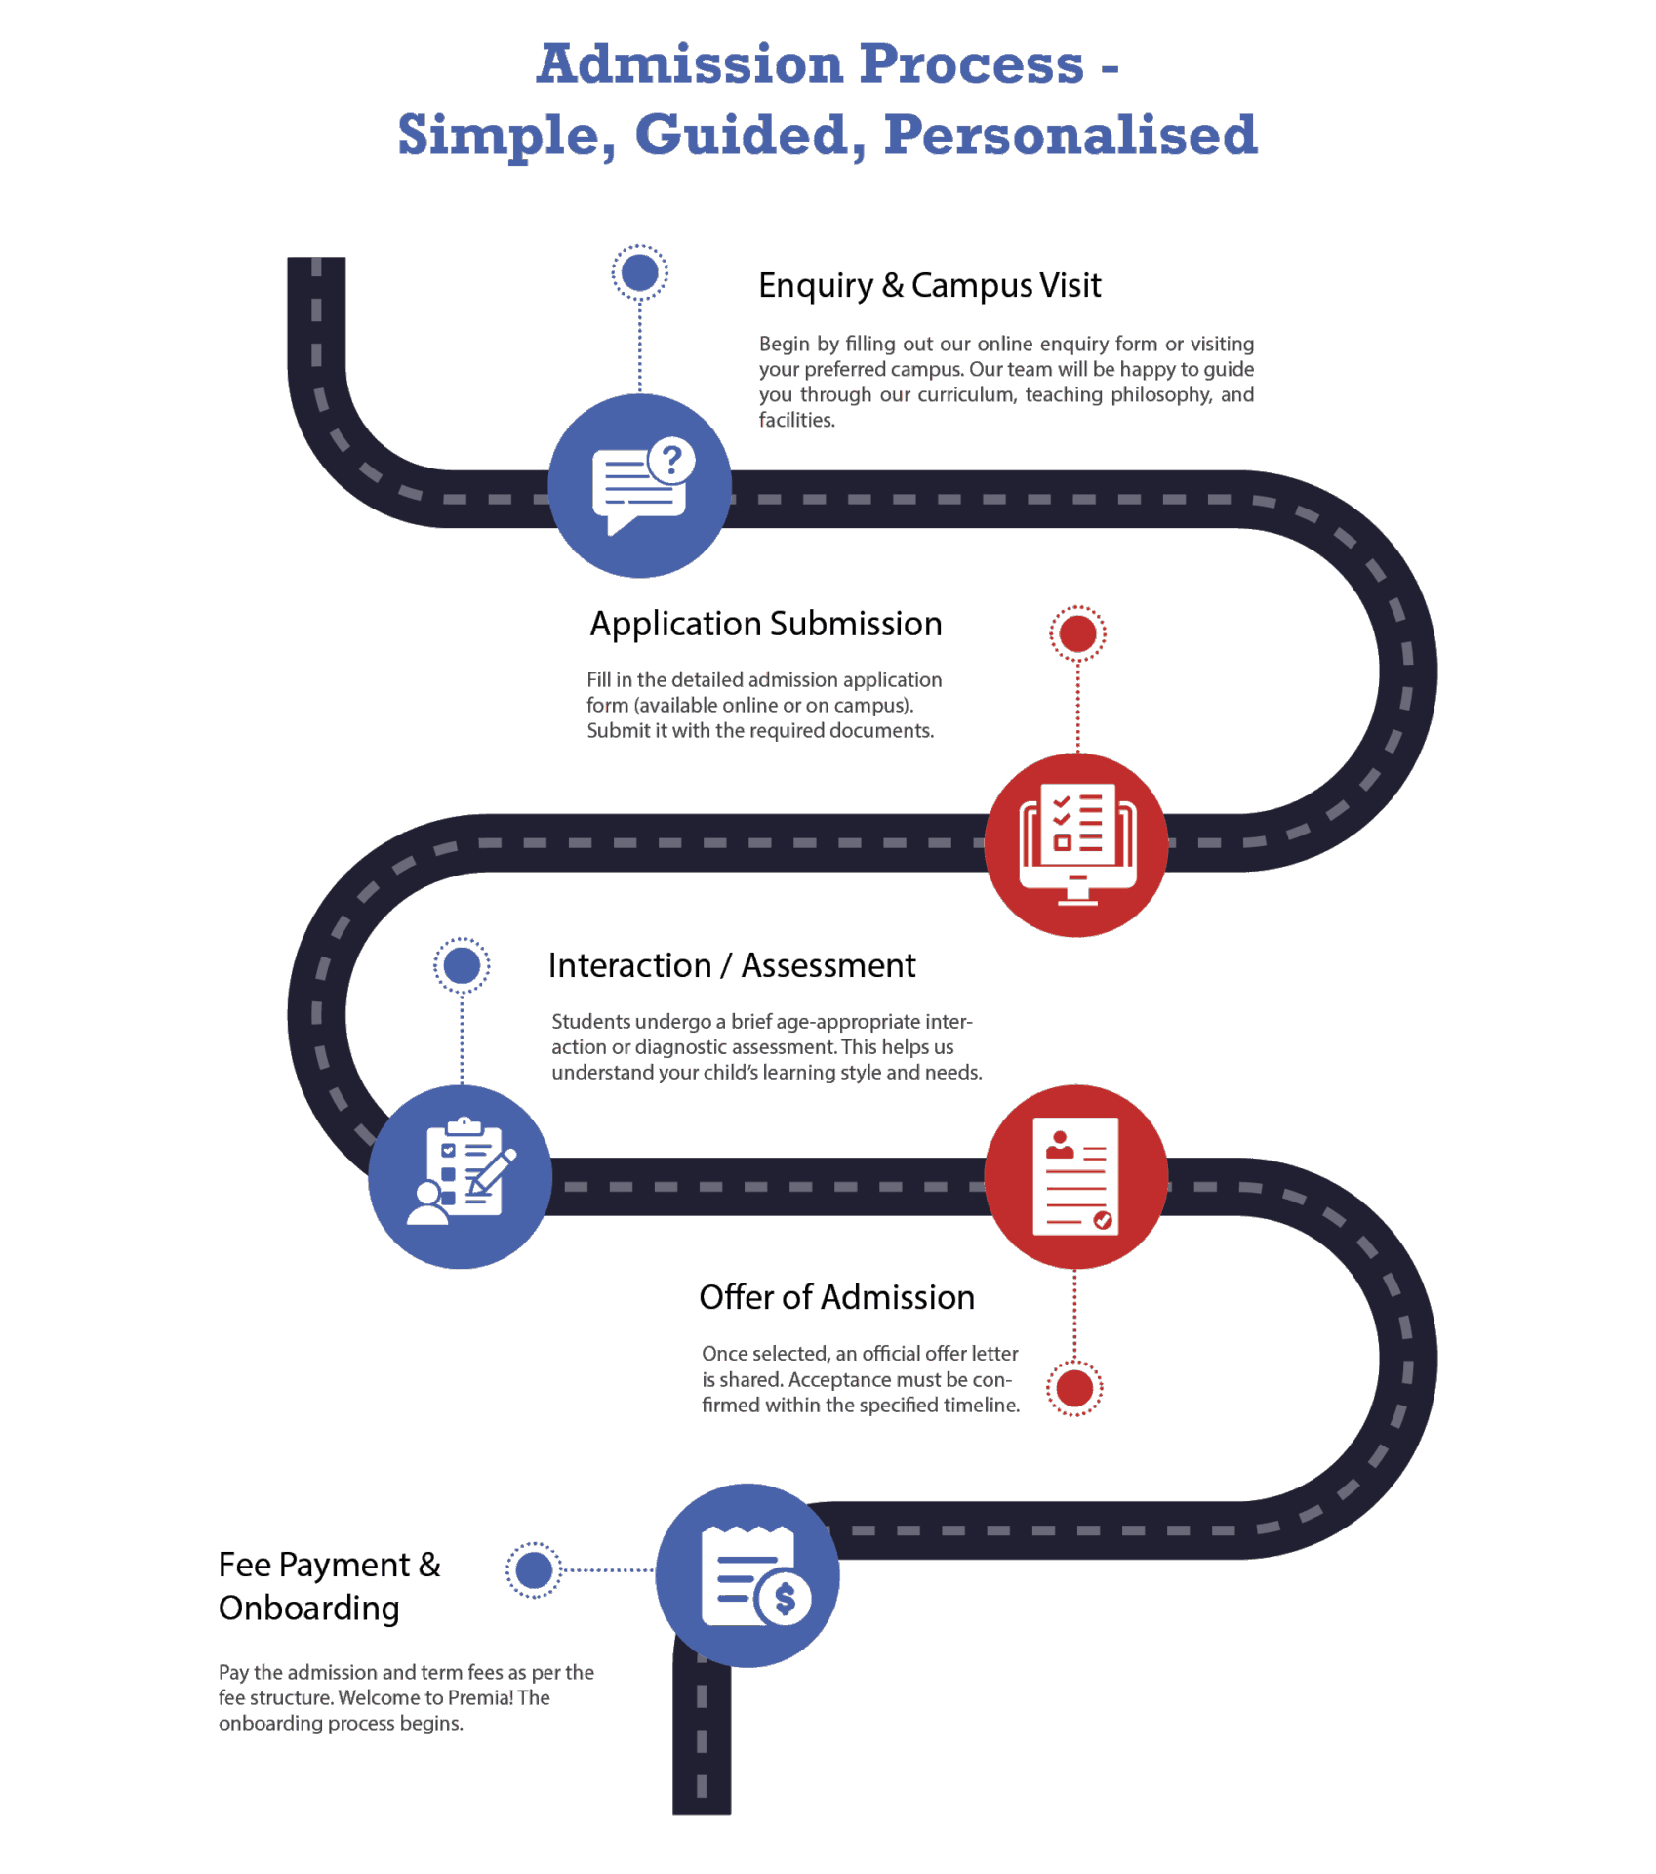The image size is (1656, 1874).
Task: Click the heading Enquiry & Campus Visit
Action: pos(929,286)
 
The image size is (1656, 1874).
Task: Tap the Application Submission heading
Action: pos(766,625)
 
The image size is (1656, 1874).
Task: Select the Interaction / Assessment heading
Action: pos(732,966)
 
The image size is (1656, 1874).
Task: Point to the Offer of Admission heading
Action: pos(836,1298)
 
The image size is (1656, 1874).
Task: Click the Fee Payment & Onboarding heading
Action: pos(329,1586)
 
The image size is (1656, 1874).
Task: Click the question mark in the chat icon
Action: pos(671,459)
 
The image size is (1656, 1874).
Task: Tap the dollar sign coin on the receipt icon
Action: pos(785,1599)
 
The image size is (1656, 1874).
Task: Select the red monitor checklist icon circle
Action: pos(1076,844)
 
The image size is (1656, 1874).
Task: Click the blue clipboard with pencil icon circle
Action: pos(460,1176)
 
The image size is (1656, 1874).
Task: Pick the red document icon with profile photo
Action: pos(1075,1176)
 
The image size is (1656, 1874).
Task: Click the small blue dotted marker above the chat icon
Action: pos(639,272)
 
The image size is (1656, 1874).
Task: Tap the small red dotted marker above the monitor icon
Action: pos(1077,633)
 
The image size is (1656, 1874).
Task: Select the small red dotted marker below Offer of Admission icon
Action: pos(1074,1388)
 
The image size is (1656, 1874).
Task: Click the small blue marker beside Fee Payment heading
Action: pos(534,1570)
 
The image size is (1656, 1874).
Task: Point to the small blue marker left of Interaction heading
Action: pos(461,966)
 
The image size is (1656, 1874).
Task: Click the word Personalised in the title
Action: pos(1070,135)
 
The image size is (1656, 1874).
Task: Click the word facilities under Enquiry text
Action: pos(796,421)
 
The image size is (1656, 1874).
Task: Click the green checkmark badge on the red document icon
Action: pos(1103,1220)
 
